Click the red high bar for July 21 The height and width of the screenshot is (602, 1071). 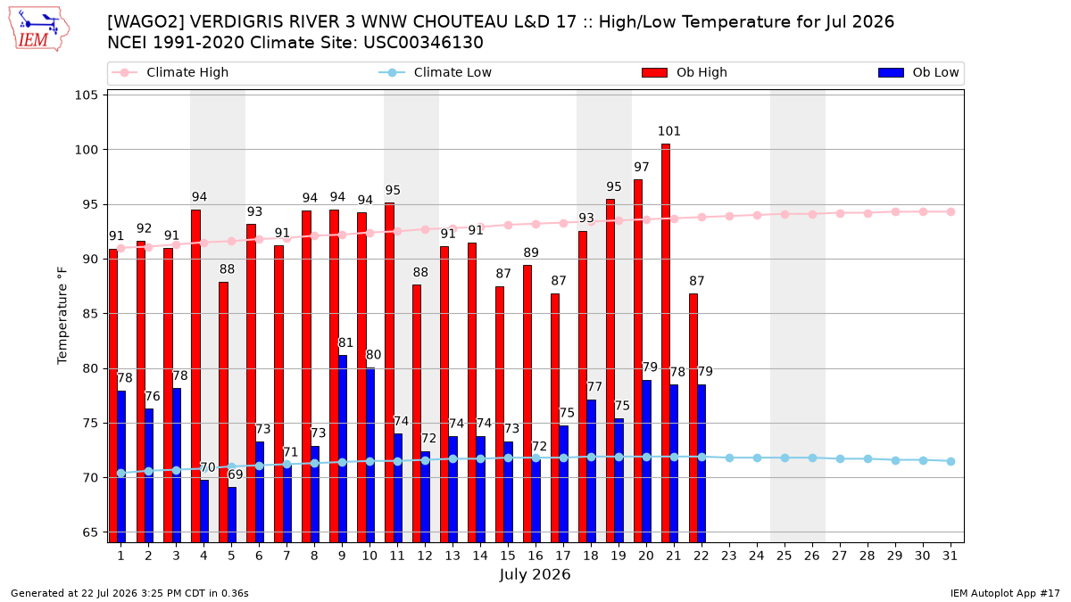coord(666,343)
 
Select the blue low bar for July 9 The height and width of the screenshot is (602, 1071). coord(343,449)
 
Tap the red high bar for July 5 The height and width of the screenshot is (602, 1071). coord(223,412)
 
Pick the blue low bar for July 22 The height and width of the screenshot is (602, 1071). coord(702,464)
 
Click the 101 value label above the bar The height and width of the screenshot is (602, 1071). coord(668,131)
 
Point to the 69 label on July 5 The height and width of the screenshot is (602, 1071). coord(236,474)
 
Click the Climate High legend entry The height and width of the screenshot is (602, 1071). coord(170,72)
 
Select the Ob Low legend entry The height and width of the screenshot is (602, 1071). coord(918,72)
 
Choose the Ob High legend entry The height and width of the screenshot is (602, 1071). coord(685,72)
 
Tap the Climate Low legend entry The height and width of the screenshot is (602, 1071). coord(435,72)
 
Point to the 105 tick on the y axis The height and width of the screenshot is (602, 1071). coord(86,95)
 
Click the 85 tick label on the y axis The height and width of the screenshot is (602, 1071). coord(90,314)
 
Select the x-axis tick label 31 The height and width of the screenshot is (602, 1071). coord(950,556)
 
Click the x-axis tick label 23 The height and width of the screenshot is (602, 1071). coord(729,556)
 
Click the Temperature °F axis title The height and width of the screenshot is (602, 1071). coord(62,316)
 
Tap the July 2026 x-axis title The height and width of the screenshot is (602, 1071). coord(535,574)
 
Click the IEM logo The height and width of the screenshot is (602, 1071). coord(38,29)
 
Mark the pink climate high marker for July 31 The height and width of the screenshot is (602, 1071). coord(951,211)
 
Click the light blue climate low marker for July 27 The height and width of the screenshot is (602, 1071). coord(840,458)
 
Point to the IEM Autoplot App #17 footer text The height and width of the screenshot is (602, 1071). coord(1005,593)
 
